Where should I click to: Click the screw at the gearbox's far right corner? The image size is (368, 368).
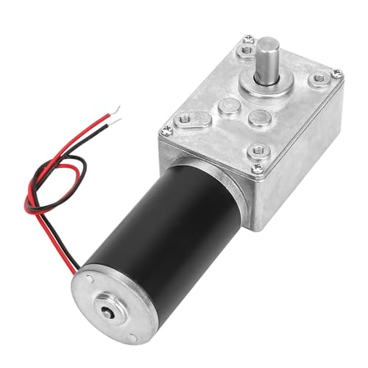pos(336,72)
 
